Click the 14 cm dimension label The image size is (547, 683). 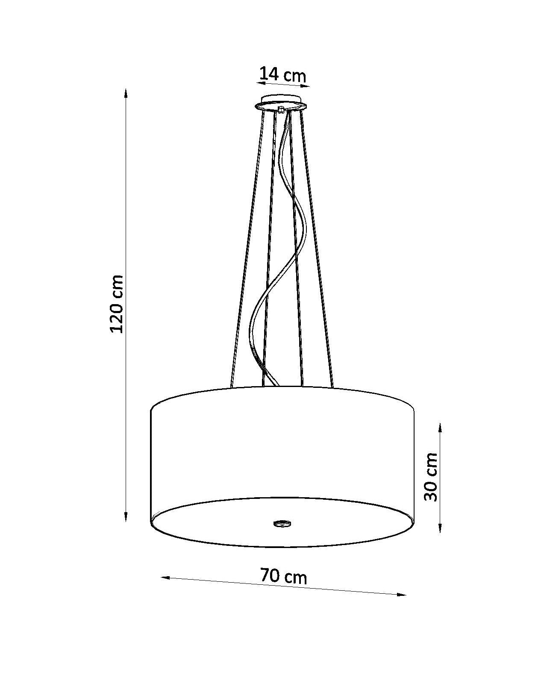click(x=282, y=75)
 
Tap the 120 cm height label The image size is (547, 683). click(x=116, y=304)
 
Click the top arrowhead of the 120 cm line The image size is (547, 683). click(x=126, y=93)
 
